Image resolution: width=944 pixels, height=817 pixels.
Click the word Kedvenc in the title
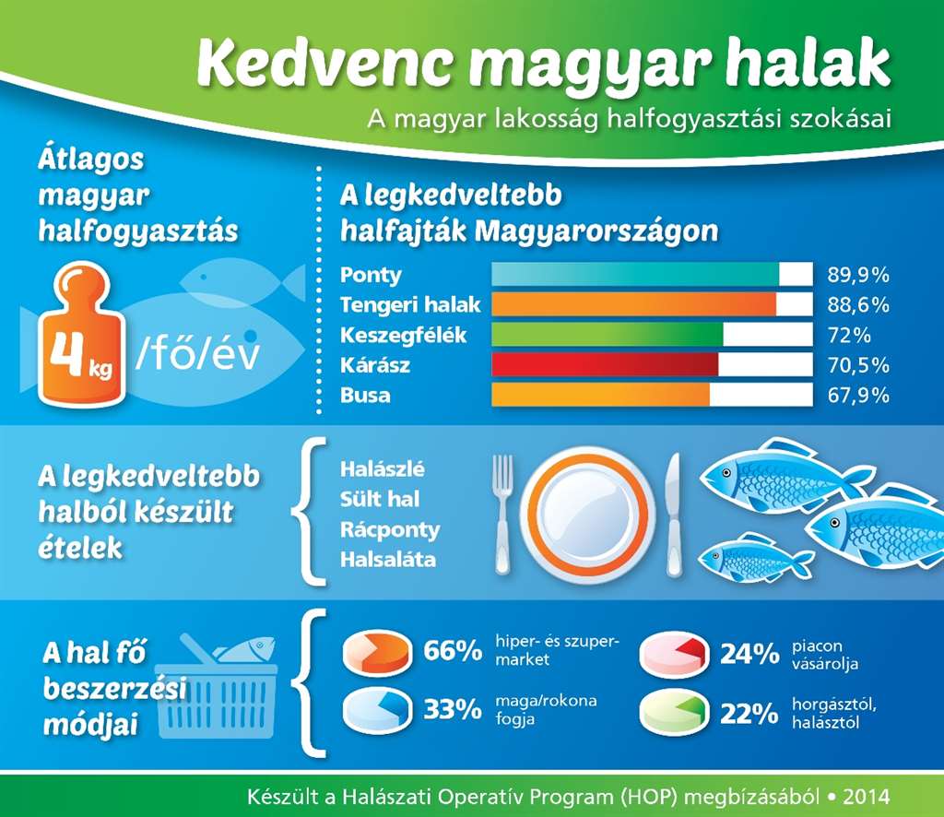click(324, 64)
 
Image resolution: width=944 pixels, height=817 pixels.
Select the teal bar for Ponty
click(635, 274)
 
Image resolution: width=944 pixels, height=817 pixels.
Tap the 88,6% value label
click(858, 304)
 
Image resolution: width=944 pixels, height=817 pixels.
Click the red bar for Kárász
click(605, 364)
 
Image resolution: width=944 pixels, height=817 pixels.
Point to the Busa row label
click(365, 395)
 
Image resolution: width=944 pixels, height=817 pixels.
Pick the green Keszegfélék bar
click(607, 334)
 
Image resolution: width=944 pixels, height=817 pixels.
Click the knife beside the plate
click(674, 515)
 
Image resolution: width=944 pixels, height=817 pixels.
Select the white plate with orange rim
click(586, 515)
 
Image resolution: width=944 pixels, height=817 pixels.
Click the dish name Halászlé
click(382, 469)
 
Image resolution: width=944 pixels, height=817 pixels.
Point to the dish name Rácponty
click(390, 530)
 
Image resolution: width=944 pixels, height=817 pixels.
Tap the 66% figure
click(452, 651)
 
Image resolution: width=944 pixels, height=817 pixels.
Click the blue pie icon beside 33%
click(377, 709)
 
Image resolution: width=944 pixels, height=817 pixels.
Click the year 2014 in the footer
click(867, 797)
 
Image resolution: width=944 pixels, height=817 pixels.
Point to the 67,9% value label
click(858, 395)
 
